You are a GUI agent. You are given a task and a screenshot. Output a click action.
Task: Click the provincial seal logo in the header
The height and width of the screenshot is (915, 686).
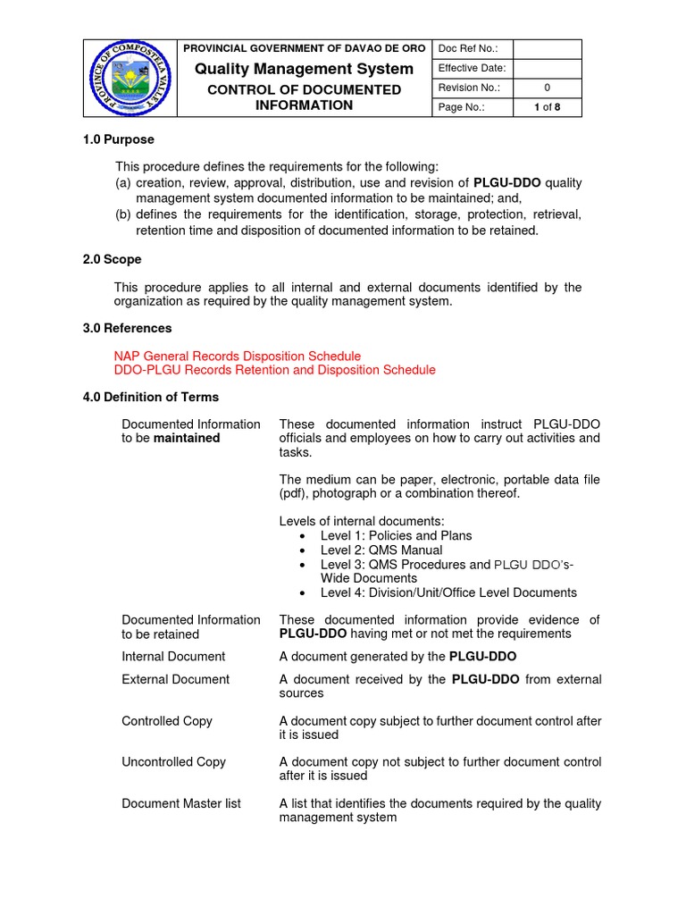130,78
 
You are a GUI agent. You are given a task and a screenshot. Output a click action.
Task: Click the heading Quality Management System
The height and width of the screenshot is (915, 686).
304,69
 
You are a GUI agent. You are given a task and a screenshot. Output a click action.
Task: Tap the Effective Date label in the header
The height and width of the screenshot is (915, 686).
472,68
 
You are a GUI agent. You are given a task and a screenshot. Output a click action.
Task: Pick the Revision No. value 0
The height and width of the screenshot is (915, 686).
547,88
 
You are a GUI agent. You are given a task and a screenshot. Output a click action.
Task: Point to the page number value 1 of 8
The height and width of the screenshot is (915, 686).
547,107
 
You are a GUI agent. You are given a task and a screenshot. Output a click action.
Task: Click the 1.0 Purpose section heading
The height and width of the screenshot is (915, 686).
118,139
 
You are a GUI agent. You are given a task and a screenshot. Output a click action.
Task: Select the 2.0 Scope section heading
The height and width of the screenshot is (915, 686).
112,259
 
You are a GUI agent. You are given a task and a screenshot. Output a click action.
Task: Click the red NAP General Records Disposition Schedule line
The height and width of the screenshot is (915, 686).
238,356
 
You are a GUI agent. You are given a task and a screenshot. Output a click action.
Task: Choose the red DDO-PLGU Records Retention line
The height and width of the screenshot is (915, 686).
275,370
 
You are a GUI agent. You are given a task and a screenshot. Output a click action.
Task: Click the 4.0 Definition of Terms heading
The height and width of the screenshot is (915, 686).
150,397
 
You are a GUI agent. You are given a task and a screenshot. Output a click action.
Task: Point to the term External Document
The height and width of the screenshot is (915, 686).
175,679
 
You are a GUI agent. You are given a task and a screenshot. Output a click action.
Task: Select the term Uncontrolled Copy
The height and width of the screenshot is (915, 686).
173,761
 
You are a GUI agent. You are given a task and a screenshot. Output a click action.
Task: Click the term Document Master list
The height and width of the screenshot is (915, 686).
180,803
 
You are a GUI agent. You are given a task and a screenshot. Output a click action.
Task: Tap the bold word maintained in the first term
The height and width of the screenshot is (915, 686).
187,438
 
